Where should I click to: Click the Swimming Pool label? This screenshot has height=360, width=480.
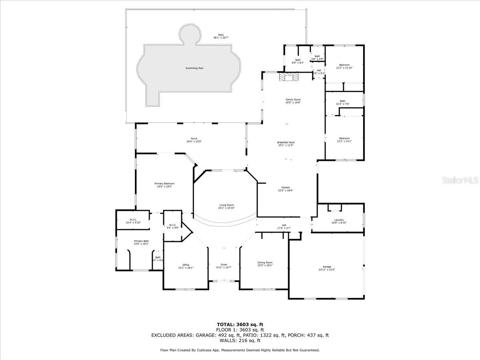[x=194, y=68]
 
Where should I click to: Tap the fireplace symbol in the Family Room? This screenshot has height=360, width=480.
[x=288, y=77]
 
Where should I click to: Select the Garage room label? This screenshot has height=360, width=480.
[x=327, y=267]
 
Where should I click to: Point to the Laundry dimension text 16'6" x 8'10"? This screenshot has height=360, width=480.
[x=339, y=223]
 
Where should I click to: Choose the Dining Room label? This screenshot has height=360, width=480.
[x=265, y=262]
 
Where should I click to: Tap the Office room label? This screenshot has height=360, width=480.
[x=186, y=265]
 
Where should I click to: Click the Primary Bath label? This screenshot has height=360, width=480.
[x=141, y=241]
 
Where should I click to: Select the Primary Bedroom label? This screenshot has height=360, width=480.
[x=164, y=184]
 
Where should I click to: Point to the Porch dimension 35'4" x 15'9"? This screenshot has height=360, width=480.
[x=194, y=142]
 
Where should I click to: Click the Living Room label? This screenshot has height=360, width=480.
[x=226, y=205]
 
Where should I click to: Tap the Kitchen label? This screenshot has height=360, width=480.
[x=286, y=188]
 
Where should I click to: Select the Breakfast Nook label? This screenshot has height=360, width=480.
[x=286, y=142]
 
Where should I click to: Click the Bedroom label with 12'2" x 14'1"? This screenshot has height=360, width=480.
[x=344, y=138]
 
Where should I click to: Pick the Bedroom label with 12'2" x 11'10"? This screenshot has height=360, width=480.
[x=344, y=65]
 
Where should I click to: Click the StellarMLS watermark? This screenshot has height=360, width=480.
[x=460, y=181]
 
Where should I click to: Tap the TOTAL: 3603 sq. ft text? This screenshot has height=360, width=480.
[x=240, y=324]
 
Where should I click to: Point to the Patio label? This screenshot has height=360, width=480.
[x=221, y=35]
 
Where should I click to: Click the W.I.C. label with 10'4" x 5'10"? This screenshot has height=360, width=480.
[x=133, y=220]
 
